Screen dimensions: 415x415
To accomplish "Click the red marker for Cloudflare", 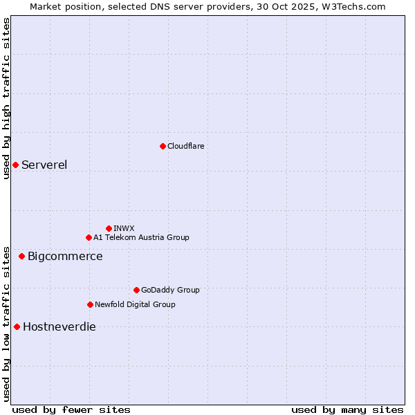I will point(163,146).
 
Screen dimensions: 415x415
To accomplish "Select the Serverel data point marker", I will point(15,165).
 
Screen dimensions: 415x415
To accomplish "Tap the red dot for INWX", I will point(109,228).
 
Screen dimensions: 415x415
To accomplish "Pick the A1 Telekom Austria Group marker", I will point(89,237).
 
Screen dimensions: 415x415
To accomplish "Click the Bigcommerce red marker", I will point(21,257).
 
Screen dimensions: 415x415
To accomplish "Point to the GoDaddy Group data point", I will point(136,290).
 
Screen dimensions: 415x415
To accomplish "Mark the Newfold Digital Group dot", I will point(90,304).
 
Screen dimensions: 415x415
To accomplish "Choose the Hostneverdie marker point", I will point(17,326).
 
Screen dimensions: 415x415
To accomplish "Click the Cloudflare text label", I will point(185,146).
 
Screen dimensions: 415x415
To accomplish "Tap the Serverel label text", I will point(44,165).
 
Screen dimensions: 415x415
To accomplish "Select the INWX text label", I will point(124,228).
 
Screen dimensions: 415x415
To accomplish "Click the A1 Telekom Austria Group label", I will point(141,237).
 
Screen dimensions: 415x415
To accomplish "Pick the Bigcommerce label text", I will point(65,257).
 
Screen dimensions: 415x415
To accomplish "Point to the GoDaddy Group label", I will point(170,290).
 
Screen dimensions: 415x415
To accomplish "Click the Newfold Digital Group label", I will point(135,304).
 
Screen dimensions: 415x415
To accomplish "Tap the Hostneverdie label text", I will point(59,327).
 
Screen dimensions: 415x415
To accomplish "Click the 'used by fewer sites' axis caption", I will point(71,409).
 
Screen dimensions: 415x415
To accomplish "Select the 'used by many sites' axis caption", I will point(347,409).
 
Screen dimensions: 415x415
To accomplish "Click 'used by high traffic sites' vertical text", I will point(6,98).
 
